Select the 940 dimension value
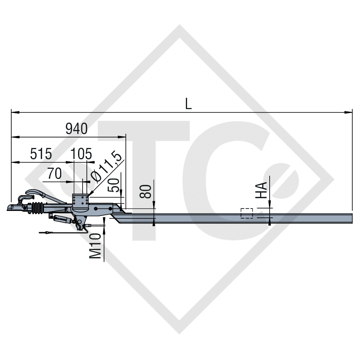tap(77, 129)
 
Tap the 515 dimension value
tap(41, 154)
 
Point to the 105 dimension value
tap(81, 154)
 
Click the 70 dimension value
tap(54, 174)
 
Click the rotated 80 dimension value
tap(147, 191)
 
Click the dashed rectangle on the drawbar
tap(246, 213)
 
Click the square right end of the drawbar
tap(352, 218)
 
